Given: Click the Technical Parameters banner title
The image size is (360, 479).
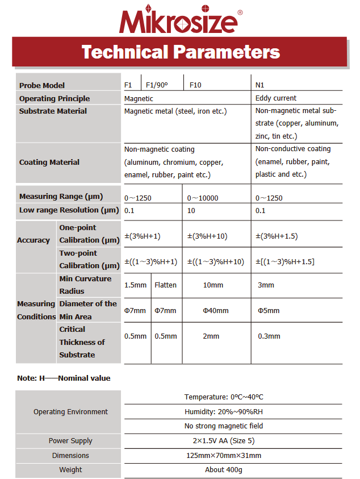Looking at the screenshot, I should coord(181,52).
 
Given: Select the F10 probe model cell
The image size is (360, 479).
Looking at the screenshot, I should coord(195,85).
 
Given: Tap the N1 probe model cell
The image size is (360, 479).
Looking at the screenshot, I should coord(260,85).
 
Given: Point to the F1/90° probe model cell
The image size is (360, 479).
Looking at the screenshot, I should coord(157,85).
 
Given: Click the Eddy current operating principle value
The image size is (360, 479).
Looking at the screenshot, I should coord(276,98).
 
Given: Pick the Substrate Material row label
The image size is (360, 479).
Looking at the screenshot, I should coord(53,111).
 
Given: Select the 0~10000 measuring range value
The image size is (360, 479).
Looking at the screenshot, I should coord(203,198).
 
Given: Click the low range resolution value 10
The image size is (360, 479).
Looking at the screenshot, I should coord(191,210).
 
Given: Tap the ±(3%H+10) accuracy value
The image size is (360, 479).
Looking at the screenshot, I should coord(216,236).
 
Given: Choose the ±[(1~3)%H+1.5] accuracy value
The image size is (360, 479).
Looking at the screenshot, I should coord(285,261).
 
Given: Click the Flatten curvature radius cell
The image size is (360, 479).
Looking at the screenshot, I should coord(165,285).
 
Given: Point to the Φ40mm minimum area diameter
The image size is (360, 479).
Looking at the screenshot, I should coord(216,310).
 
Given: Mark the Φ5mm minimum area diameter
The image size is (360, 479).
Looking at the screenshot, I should coord(269,310).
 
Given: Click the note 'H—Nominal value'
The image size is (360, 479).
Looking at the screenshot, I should coord(64,378).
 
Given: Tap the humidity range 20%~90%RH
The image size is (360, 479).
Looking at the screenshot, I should coord(224,411).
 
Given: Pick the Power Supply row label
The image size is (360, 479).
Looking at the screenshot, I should coord(70,441).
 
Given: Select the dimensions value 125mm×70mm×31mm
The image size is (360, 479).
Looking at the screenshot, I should coord(224,455).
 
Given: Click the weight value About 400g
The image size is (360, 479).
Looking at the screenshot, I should coord(224,470).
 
